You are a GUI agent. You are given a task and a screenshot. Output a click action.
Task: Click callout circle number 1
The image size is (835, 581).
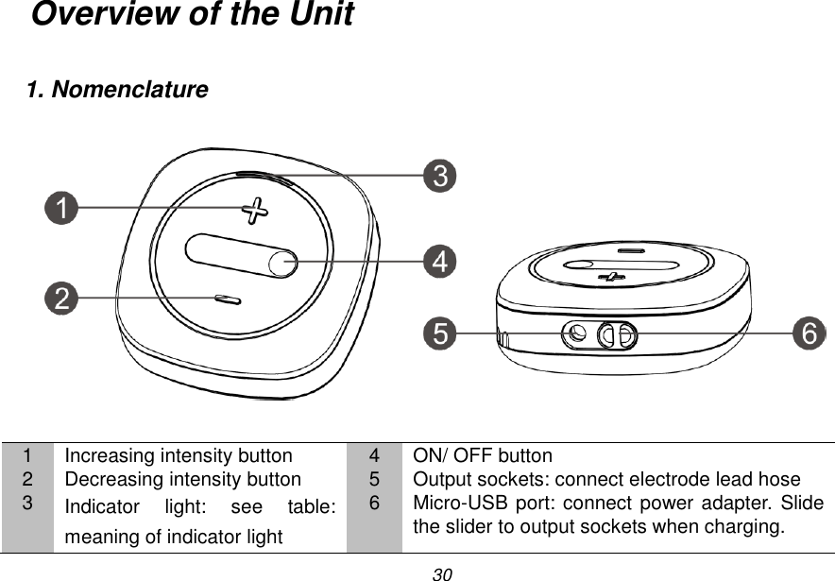point(63,209)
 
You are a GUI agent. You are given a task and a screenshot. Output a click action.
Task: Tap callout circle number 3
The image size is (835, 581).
point(439,176)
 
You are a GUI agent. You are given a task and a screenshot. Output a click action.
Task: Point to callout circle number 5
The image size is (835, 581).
point(438,333)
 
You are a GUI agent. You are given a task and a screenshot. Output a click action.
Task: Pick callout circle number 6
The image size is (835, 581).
point(809,333)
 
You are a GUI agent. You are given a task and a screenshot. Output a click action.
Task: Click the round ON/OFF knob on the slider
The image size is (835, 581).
point(282,262)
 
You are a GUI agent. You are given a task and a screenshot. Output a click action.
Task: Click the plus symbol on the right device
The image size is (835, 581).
point(614,277)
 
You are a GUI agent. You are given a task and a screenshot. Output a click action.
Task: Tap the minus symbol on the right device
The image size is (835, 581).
point(630,251)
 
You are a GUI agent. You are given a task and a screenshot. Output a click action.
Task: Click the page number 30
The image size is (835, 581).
point(442,573)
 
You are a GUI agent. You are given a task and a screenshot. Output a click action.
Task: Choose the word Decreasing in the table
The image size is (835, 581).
point(108,479)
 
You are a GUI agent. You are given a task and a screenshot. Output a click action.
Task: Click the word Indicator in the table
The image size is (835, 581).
point(100,507)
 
